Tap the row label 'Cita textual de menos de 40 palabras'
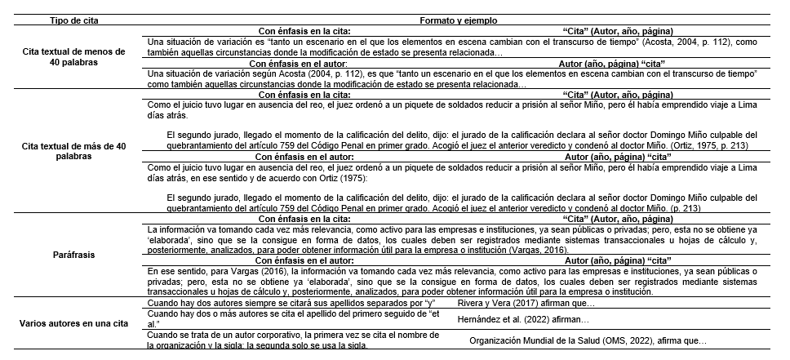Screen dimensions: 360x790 (73, 57)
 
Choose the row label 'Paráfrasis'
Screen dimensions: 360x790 (73, 255)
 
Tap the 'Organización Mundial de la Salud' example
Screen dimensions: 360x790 (588, 340)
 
